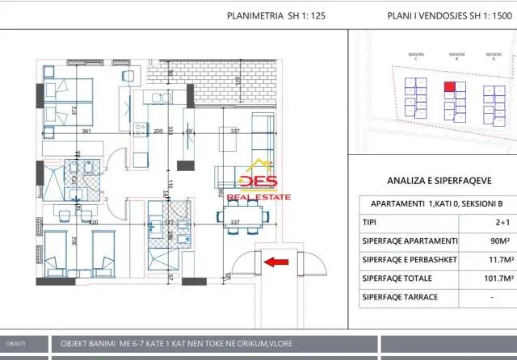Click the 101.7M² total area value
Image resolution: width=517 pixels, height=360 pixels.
point(482,278)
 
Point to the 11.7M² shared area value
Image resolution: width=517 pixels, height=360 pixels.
point(482,260)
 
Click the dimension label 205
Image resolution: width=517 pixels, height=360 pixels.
point(158,131)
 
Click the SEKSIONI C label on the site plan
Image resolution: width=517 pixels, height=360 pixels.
point(415,57)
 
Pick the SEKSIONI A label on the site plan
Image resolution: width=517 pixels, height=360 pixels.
point(493,57)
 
